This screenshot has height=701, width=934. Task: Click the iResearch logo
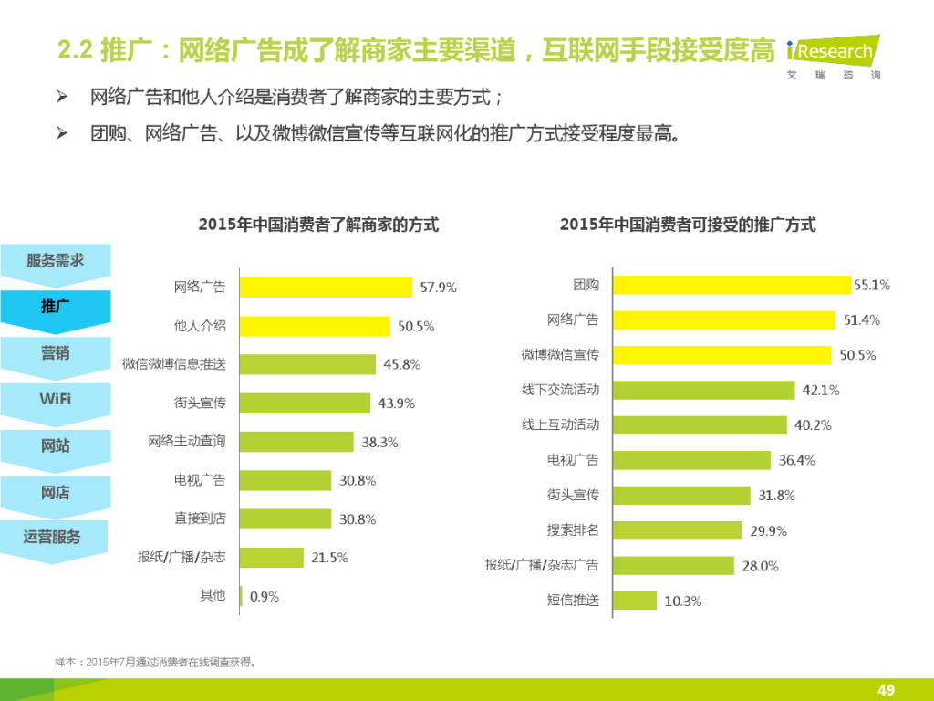tap(833, 58)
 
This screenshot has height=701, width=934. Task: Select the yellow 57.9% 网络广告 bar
tap(326, 288)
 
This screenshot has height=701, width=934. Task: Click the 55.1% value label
tap(871, 285)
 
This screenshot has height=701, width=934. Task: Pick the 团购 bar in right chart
tap(732, 285)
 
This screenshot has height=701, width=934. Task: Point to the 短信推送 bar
tap(635, 601)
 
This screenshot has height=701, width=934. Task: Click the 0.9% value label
tap(264, 597)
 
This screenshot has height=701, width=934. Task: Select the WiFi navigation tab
tap(56, 400)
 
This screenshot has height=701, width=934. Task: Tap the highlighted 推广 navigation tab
tap(56, 307)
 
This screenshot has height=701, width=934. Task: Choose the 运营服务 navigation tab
tap(53, 538)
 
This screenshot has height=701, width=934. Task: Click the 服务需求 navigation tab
tap(56, 261)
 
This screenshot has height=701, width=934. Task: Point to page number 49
tap(885, 689)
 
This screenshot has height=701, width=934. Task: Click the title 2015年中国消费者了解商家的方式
tap(318, 225)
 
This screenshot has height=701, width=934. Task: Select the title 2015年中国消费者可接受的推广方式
tap(688, 225)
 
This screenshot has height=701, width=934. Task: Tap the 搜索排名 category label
tap(573, 530)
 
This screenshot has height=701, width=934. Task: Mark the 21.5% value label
tap(329, 558)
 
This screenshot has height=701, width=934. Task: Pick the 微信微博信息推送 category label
tap(174, 364)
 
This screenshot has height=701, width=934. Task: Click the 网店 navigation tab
tap(56, 493)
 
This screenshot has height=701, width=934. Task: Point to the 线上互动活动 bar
tap(700, 425)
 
